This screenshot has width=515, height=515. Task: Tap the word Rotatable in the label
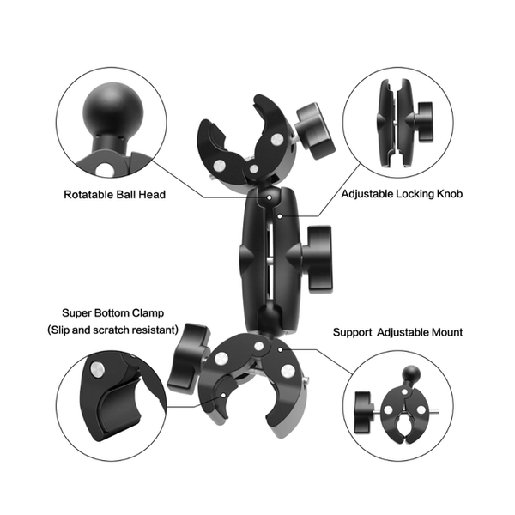point(90,195)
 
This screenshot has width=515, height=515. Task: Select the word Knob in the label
point(449,195)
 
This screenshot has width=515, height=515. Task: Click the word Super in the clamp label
point(77,313)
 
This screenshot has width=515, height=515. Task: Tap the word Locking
point(415,195)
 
